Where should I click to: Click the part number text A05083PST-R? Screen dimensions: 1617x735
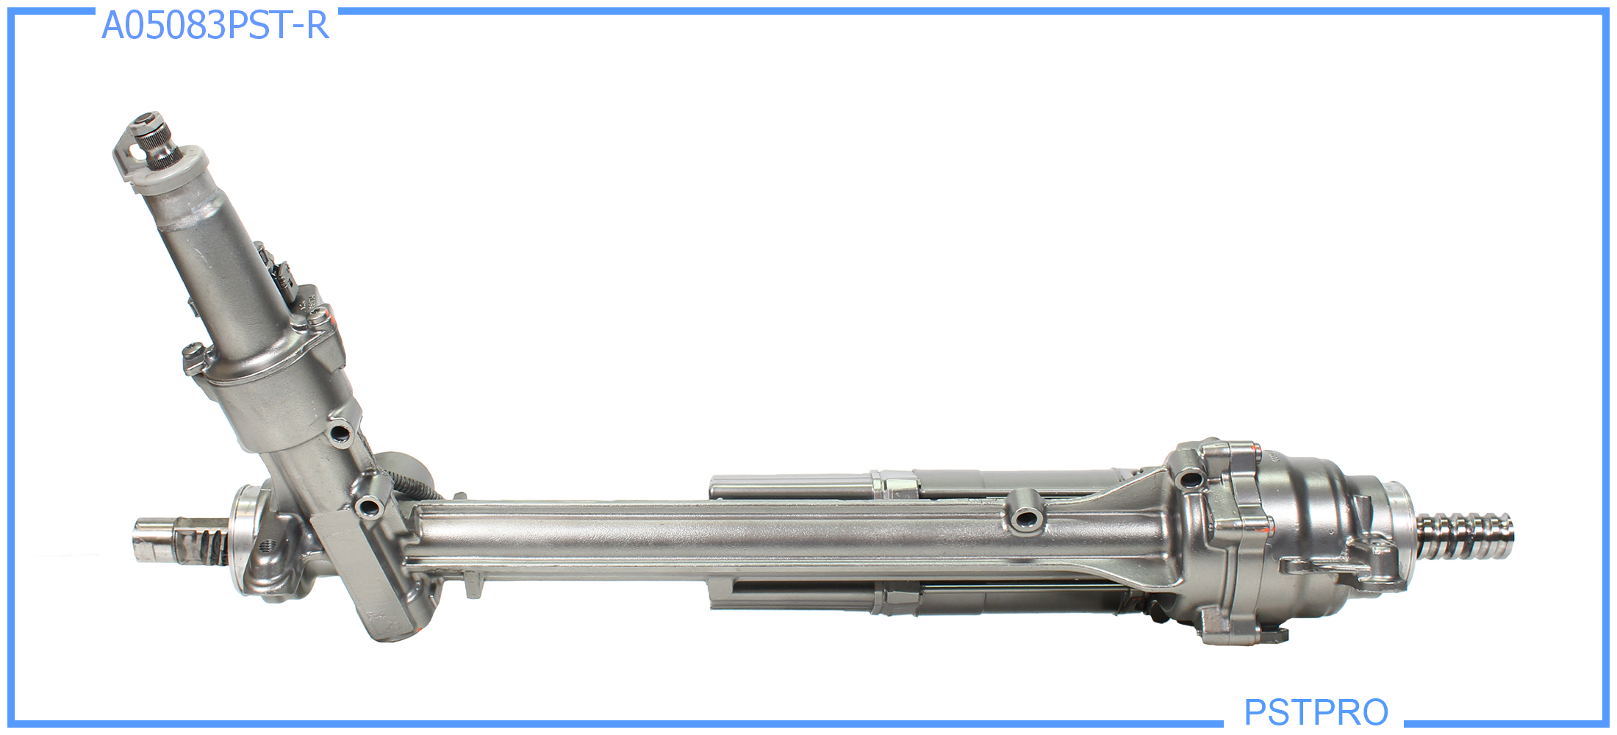tap(215, 26)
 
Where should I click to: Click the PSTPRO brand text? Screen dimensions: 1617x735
tap(1316, 711)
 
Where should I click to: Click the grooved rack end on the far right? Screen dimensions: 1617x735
tap(1463, 537)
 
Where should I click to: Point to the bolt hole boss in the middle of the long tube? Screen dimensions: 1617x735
tap(1026, 517)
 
